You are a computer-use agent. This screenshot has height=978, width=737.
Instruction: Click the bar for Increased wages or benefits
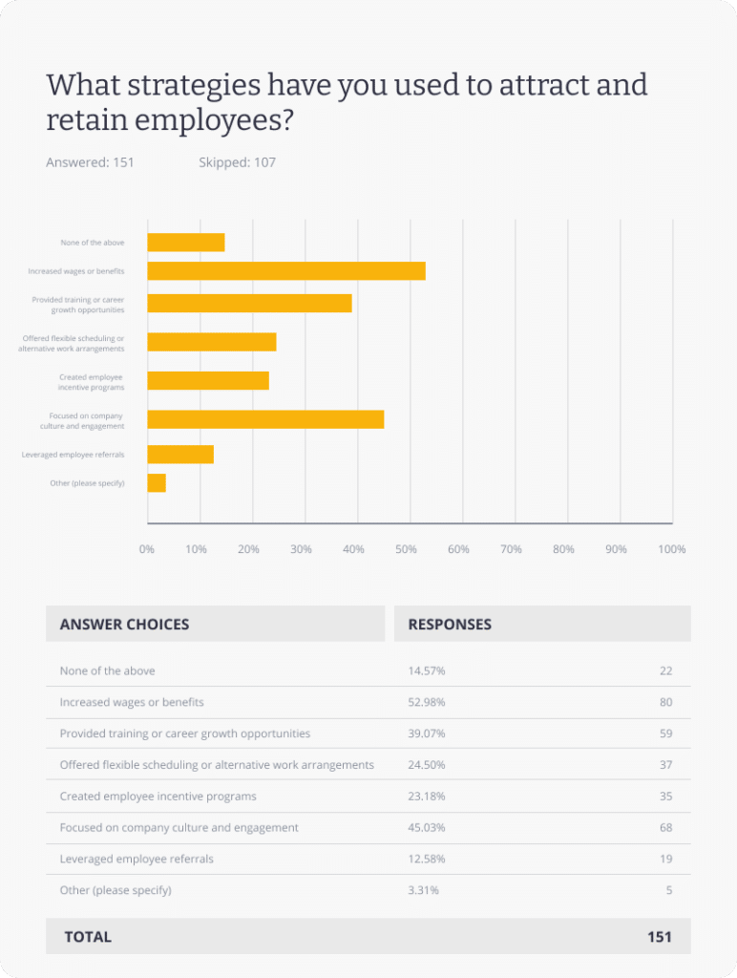(x=286, y=271)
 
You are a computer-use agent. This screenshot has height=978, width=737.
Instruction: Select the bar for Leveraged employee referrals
(x=180, y=455)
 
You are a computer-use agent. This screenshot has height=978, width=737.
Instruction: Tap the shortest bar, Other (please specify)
(x=157, y=483)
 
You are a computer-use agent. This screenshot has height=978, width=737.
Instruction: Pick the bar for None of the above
(x=186, y=243)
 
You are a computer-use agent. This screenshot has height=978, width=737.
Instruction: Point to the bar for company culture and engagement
(x=265, y=419)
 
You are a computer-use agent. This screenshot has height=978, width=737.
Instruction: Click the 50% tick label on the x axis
(x=407, y=550)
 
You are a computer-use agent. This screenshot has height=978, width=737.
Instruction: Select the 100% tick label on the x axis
(x=672, y=550)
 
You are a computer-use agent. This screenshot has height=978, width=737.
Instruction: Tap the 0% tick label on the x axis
(x=147, y=550)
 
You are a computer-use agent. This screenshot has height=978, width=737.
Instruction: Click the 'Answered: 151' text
(x=90, y=162)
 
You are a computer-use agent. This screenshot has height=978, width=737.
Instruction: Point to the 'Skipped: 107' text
(x=237, y=162)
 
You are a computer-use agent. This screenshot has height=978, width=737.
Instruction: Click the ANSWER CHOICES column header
(x=124, y=625)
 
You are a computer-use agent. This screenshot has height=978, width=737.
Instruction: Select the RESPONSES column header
(x=450, y=625)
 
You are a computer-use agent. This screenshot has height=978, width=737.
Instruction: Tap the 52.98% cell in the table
(x=427, y=702)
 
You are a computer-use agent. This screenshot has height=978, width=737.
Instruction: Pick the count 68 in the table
(x=665, y=827)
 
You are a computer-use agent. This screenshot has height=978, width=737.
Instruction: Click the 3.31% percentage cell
(x=424, y=890)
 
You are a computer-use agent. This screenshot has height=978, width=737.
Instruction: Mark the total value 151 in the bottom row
(x=659, y=937)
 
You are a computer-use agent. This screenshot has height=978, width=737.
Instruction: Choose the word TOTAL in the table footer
(x=88, y=937)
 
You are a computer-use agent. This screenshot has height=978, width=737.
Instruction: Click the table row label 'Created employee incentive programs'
(x=158, y=797)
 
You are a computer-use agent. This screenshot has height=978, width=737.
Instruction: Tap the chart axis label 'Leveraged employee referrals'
(x=73, y=455)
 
